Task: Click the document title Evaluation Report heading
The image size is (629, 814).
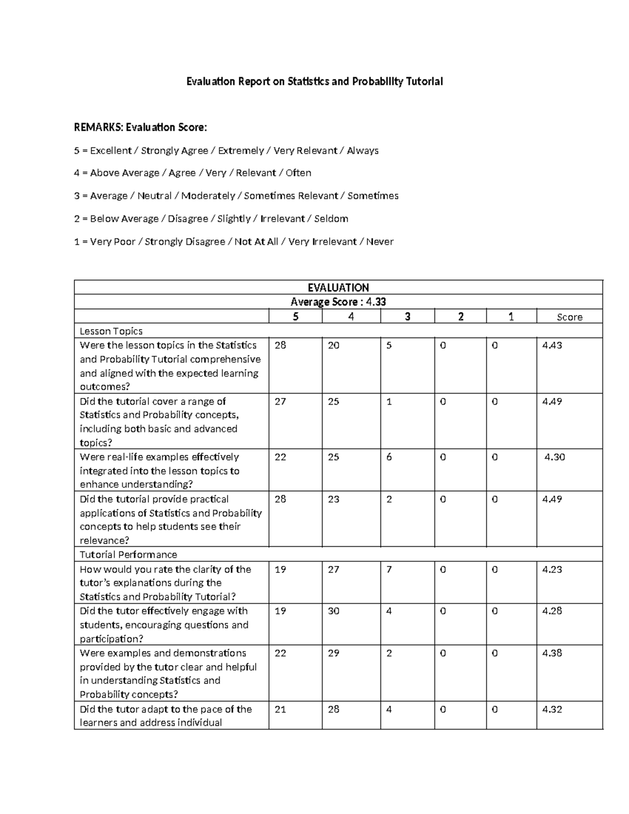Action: click(315, 81)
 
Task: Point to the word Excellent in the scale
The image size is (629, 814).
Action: click(111, 151)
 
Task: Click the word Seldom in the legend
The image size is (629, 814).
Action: click(331, 219)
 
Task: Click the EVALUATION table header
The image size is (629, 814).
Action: click(338, 288)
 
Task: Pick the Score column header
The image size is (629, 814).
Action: click(569, 317)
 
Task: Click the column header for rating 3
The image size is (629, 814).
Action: click(407, 317)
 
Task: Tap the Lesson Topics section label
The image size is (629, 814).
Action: click(111, 331)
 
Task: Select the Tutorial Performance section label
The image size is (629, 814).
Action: click(128, 555)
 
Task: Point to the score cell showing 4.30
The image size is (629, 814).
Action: click(555, 457)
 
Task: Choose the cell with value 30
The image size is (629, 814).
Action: click(334, 611)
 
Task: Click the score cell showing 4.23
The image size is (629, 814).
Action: click(552, 569)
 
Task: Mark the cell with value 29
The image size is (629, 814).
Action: click(334, 653)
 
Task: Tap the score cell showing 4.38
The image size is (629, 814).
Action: click(552, 653)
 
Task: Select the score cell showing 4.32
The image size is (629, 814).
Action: click(552, 709)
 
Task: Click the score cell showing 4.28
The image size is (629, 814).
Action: click(552, 611)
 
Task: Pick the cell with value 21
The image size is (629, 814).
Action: click(280, 709)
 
